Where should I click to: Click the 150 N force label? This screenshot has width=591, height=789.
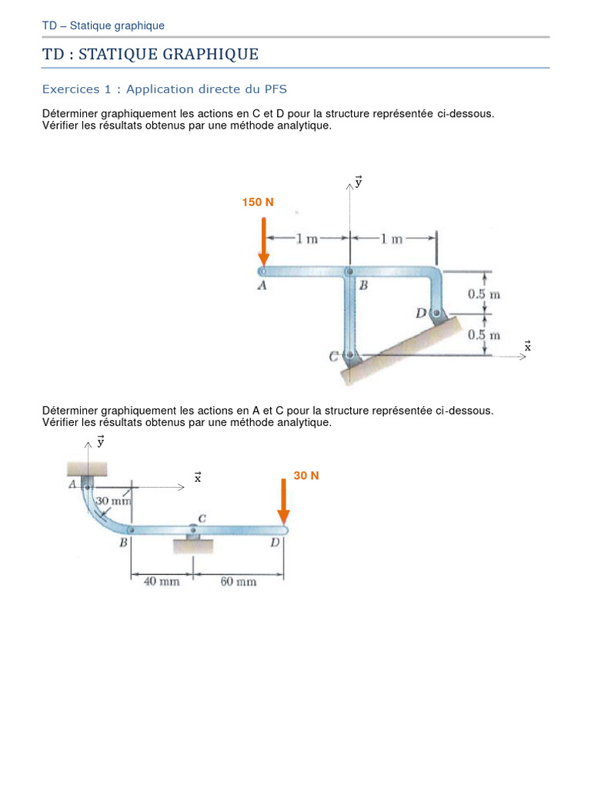(258, 202)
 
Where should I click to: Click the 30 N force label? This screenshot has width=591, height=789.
(306, 475)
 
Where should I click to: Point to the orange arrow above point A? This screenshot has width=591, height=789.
(264, 241)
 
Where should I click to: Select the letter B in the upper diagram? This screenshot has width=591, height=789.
(364, 285)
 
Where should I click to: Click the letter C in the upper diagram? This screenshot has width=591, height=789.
(333, 357)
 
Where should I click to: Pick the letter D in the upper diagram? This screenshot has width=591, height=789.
(420, 313)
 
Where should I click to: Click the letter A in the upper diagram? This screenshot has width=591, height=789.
(262, 285)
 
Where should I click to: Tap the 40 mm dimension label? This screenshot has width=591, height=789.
(162, 582)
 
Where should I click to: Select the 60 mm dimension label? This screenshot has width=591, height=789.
(238, 582)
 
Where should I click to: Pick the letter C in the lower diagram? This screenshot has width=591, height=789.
(202, 519)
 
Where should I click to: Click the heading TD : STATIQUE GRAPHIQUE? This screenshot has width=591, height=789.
(150, 54)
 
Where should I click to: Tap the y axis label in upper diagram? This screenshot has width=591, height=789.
(358, 182)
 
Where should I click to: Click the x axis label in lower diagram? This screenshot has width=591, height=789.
(198, 478)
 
